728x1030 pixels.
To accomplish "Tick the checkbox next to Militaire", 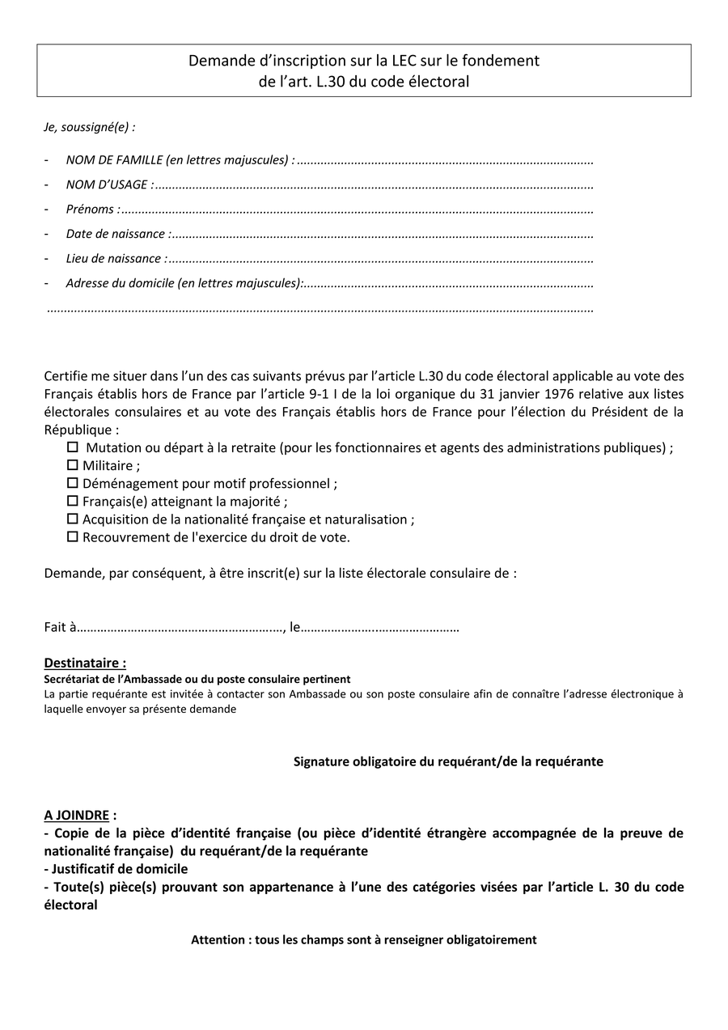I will point(73,465).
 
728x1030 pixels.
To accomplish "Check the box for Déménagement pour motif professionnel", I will point(73,483).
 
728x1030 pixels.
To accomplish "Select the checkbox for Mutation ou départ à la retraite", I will point(73,447).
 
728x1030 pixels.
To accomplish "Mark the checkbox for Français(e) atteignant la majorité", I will point(73,501).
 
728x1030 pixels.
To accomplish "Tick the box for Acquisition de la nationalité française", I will point(73,519).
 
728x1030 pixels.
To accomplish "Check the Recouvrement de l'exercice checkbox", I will point(73,536).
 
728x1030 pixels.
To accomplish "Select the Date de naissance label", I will point(118,234).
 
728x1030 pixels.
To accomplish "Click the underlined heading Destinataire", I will point(85,663).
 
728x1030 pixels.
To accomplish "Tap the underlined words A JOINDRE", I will point(76,816).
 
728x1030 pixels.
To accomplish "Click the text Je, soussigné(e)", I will point(89,127).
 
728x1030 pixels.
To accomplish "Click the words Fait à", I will point(60,627).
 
